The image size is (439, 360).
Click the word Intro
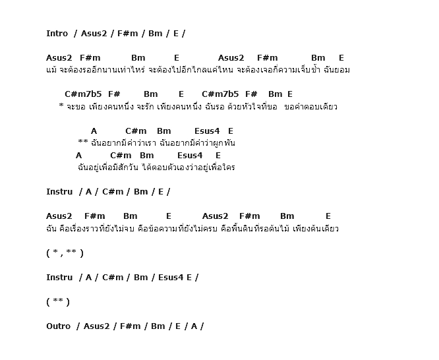pyautogui.click(x=57, y=33)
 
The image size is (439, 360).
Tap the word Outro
pyautogui.click(x=59, y=326)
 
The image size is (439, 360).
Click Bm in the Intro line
pyautogui.click(x=156, y=33)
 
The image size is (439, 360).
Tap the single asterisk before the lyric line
pyautogui.click(x=61, y=106)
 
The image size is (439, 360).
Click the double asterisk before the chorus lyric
pyautogui.click(x=83, y=142)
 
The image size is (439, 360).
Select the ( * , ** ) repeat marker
pyautogui.click(x=65, y=253)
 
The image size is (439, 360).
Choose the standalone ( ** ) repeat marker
pyautogui.click(x=58, y=301)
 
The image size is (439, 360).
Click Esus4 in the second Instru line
pyautogui.click(x=171, y=277)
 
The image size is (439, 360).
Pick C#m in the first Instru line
pyautogui.click(x=113, y=192)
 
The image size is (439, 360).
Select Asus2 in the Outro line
pyautogui.click(x=96, y=326)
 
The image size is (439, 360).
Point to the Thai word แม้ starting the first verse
pyautogui.click(x=51, y=70)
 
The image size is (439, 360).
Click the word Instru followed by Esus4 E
pyautogui.click(x=59, y=277)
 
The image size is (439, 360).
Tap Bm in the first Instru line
pyautogui.click(x=140, y=192)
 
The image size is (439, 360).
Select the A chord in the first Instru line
pyautogui.click(x=88, y=192)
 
